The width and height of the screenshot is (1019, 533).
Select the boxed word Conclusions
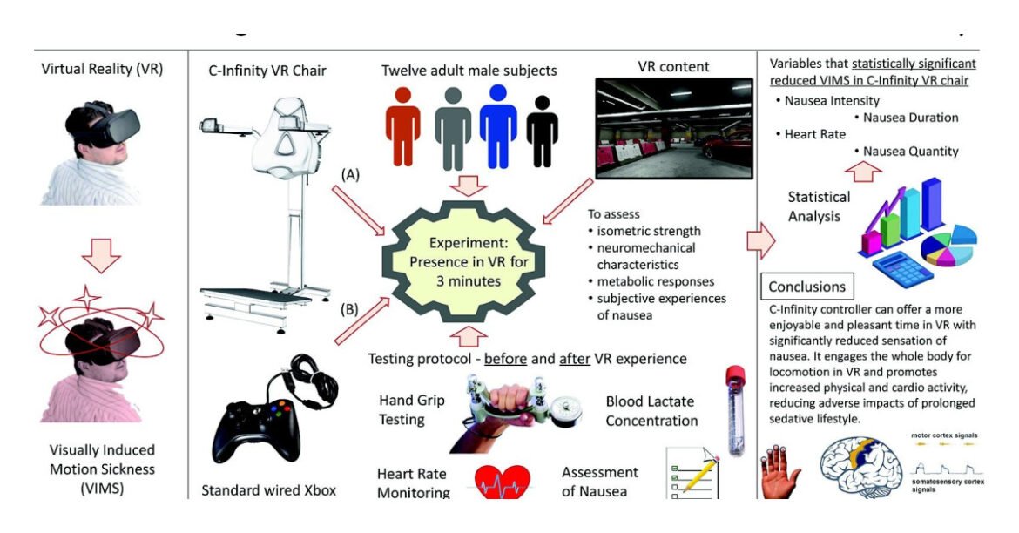807,287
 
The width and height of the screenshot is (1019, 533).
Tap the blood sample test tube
735,411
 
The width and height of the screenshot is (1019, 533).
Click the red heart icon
503,480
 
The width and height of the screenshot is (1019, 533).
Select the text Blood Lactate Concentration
651,412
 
